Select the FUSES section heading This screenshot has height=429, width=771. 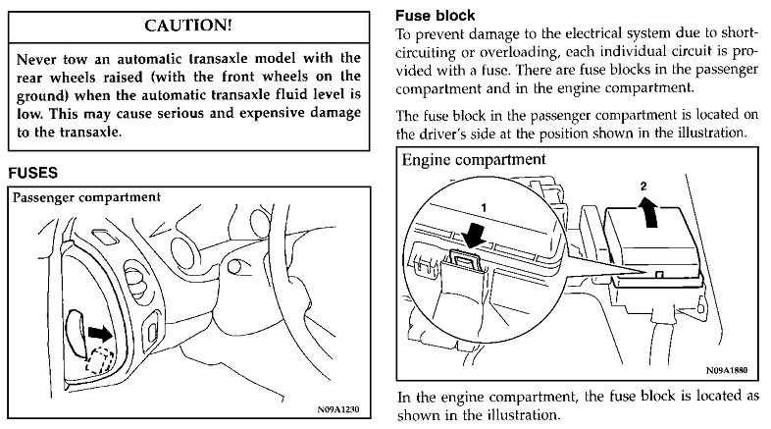pyautogui.click(x=33, y=173)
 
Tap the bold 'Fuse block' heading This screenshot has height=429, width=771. pyautogui.click(x=435, y=17)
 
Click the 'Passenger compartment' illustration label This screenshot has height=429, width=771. pyautogui.click(x=86, y=196)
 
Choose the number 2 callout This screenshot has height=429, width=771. pyautogui.click(x=643, y=186)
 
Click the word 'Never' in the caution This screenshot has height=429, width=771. pyautogui.click(x=39, y=58)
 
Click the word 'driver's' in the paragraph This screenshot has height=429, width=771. pyautogui.click(x=446, y=133)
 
